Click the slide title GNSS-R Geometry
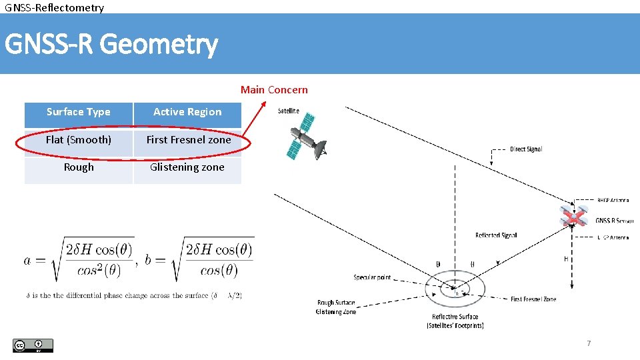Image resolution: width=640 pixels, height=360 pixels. pos(111,45)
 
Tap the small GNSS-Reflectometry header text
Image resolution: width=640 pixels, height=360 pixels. pos(55,7)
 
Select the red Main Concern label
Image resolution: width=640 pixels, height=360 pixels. pos(274,89)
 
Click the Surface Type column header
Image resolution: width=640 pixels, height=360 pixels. pos(79,112)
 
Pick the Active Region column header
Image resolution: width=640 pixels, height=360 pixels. pos(187,112)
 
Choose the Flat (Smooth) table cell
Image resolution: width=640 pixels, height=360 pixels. pos(79,140)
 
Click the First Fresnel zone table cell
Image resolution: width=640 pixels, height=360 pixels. pos(189,140)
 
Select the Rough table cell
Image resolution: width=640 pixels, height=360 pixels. pos(79,167)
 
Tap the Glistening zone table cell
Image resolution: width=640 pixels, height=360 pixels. pos(187,167)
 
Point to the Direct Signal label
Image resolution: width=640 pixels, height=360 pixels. pos(526,149)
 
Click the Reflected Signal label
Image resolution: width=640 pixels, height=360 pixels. pos(496,235)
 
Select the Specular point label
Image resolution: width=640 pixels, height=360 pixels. pos(372,277)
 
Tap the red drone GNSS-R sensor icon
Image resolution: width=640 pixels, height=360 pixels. pos(573,217)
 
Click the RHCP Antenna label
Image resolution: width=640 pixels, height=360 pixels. pos(613,200)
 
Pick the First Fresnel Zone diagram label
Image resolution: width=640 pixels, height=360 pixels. pos(533,299)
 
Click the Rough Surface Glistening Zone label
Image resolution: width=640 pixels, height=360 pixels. pos(336,307)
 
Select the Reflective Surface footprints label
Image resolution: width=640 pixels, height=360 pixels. pos(455,321)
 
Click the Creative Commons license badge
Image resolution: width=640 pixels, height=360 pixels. pos(33,345)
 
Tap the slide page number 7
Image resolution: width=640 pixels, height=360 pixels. pos(588,343)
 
